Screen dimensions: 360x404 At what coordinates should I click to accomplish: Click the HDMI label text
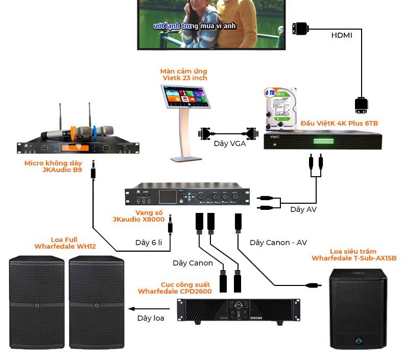[341, 35]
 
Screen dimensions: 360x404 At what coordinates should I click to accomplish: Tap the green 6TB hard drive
[280, 109]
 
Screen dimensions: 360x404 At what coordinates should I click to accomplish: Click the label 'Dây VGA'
[229, 143]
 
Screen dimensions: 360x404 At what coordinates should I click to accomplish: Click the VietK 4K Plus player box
[322, 139]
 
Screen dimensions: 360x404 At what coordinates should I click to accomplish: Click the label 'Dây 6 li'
[148, 243]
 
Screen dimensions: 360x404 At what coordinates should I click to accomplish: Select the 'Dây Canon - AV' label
[278, 243]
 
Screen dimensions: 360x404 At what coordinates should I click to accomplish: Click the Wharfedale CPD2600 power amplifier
[238, 310]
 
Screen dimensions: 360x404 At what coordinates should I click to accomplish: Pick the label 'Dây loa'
[151, 318]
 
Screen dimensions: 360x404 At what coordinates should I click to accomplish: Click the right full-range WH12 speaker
[97, 302]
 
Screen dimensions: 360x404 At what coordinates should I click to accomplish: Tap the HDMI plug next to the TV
[300, 29]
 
